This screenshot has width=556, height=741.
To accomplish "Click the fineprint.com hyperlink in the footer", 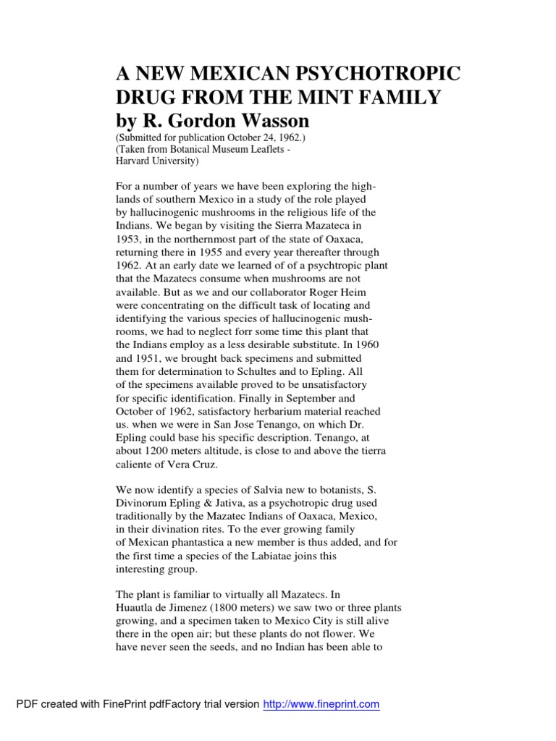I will click(321, 703).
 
